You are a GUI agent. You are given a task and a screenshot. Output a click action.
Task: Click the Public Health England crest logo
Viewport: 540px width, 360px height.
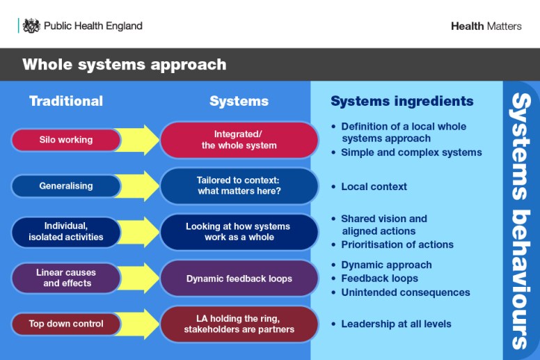31,26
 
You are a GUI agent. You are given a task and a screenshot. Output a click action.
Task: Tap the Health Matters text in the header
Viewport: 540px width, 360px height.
486,26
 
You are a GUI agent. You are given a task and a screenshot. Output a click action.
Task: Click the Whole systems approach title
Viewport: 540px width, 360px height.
124,65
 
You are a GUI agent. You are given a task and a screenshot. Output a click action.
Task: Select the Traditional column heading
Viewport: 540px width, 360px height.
66,101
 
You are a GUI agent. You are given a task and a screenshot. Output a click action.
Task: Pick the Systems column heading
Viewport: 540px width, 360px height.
239,101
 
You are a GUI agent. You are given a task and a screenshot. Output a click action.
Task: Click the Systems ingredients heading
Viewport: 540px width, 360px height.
402,101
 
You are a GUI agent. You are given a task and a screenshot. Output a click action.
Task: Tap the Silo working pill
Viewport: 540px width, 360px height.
66,140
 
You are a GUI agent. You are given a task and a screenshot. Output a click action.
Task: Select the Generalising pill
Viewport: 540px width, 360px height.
66,186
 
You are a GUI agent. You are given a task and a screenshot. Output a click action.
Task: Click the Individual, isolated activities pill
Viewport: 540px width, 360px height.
66,232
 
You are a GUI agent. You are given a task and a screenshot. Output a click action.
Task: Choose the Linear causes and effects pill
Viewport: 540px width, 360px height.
66,278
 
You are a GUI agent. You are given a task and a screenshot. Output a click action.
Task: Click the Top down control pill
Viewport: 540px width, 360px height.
66,324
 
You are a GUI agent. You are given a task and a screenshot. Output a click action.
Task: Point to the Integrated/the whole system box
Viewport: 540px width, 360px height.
239,140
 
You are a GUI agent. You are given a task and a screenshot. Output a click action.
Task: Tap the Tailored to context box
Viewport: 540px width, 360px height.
239,186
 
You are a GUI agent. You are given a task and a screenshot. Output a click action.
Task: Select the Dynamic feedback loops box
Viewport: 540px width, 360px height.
239,279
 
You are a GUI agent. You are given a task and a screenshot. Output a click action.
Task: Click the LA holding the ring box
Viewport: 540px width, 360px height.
239,324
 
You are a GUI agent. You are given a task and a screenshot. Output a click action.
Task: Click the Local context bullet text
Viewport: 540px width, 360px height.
374,187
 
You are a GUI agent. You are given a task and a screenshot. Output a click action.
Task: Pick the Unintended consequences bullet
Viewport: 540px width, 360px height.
405,292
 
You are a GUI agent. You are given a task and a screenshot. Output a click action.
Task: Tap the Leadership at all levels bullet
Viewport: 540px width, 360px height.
395,324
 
